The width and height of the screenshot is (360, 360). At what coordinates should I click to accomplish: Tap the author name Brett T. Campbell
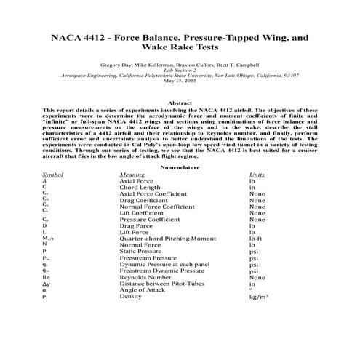[238, 65]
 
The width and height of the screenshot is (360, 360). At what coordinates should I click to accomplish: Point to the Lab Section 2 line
[180, 71]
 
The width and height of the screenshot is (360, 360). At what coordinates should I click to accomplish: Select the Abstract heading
[180, 103]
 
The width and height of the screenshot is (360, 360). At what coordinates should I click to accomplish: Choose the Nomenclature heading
[180, 165]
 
